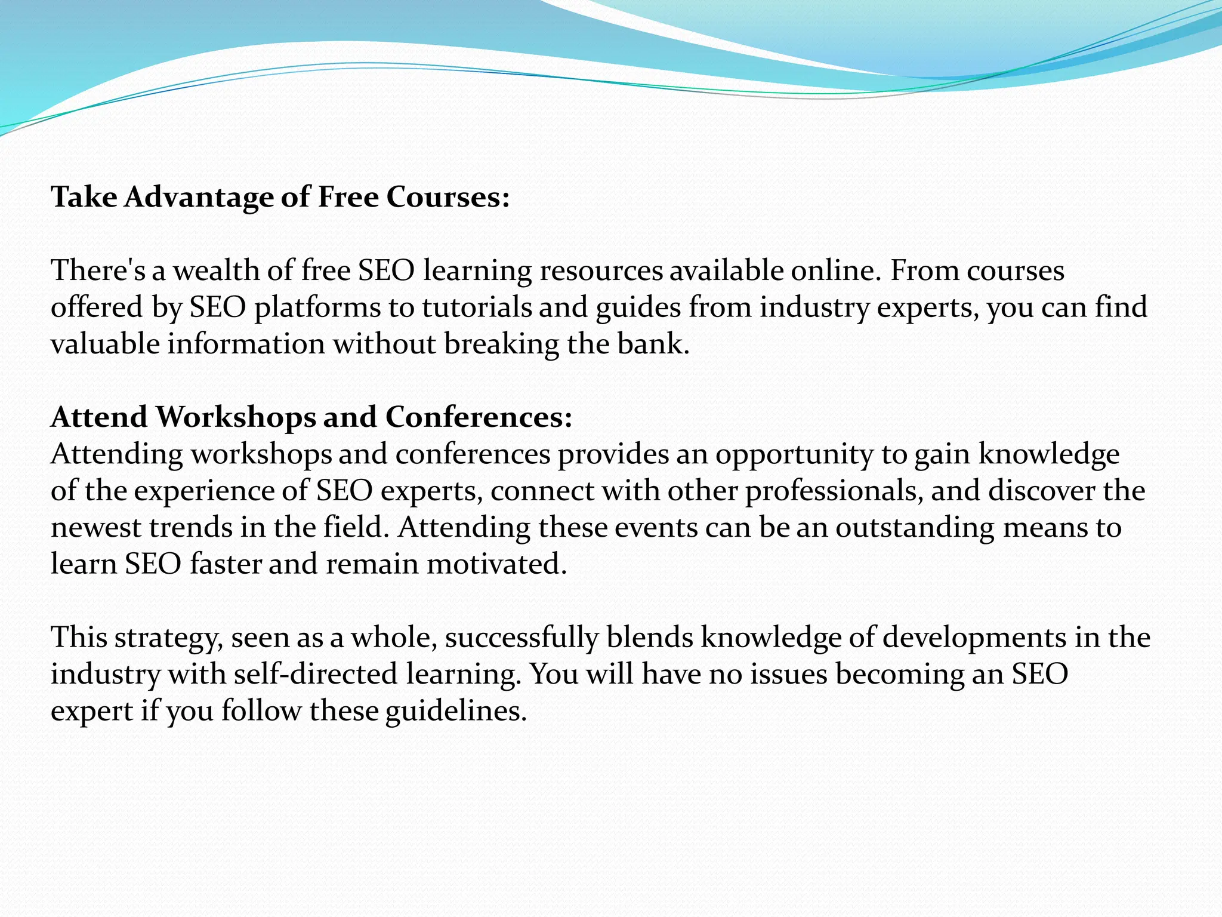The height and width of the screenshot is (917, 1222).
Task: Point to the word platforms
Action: (317, 307)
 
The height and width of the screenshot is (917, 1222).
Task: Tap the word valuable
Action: (105, 344)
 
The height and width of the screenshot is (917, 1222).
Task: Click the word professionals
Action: (834, 491)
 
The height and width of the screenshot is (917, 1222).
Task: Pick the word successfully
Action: (521, 638)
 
